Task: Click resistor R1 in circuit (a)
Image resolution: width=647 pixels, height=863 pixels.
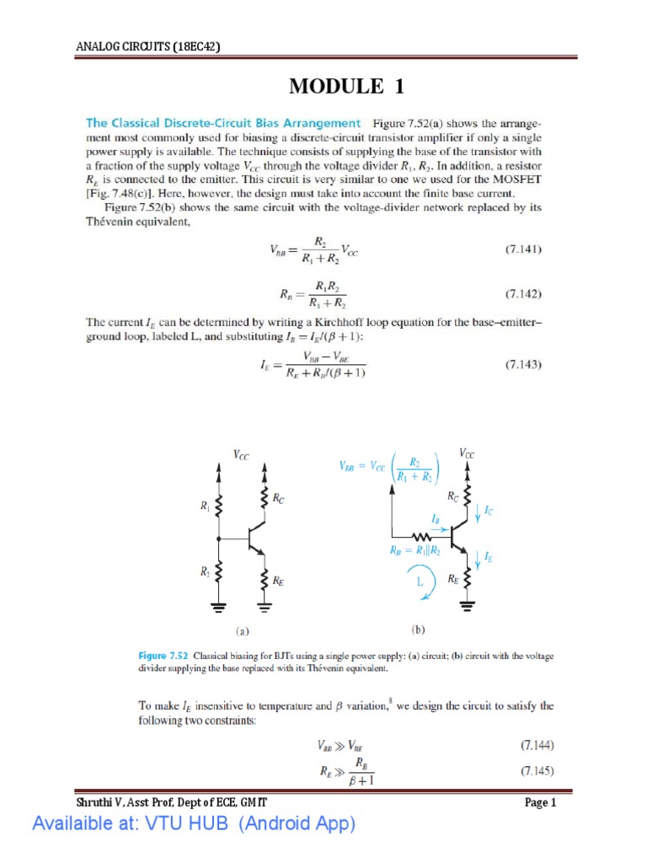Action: pyautogui.click(x=217, y=507)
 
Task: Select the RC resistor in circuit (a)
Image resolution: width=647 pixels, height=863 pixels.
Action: pyautogui.click(x=265, y=499)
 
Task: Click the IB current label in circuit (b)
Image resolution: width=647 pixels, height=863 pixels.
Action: pyautogui.click(x=435, y=522)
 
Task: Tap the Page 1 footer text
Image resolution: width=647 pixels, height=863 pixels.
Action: pyautogui.click(x=541, y=803)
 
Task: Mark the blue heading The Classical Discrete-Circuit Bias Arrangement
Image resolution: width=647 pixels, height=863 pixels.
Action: pyautogui.click(x=223, y=123)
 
